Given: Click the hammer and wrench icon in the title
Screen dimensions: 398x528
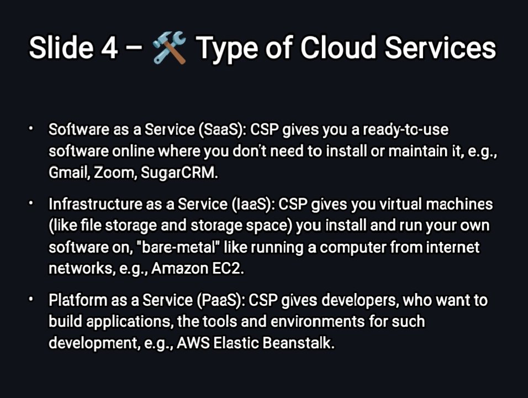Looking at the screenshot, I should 169,48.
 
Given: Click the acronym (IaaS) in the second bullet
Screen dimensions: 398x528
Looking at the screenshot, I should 252,205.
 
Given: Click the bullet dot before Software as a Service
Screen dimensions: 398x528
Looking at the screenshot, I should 33,129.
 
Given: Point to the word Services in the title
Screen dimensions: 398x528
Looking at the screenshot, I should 440,48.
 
